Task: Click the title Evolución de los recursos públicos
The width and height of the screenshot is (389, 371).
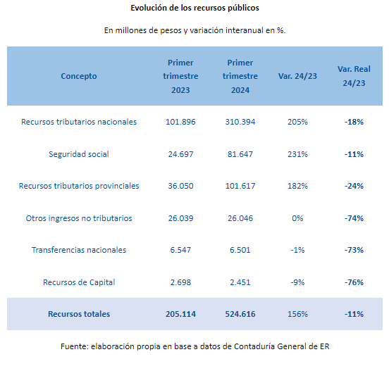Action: (x=194, y=8)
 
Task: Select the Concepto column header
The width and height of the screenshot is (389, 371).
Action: (x=79, y=76)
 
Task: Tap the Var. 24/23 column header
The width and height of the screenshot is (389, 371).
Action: (x=297, y=76)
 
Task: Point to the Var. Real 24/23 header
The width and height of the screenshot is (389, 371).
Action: (x=354, y=76)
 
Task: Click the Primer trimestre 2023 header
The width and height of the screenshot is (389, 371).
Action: (x=180, y=76)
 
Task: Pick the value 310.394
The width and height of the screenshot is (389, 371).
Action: (x=240, y=122)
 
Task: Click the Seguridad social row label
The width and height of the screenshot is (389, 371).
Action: (x=79, y=154)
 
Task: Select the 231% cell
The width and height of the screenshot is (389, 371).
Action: (x=297, y=154)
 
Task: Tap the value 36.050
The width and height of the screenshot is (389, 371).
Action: (x=180, y=186)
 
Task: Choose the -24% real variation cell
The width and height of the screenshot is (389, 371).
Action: (x=354, y=186)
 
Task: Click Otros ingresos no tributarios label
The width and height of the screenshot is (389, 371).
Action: (x=79, y=218)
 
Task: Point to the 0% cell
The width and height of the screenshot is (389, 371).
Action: (x=297, y=218)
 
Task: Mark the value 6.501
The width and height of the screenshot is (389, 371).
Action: (x=240, y=250)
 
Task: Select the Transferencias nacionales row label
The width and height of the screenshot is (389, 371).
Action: (x=79, y=250)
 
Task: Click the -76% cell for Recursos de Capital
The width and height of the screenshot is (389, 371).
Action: (x=354, y=282)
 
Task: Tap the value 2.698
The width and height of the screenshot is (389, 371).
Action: (x=180, y=282)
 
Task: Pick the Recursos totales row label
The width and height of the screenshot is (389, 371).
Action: (x=79, y=314)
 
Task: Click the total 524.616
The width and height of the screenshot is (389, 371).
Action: (x=240, y=314)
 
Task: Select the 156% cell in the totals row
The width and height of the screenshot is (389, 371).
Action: (x=297, y=314)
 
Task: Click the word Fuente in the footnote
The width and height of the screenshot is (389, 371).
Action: (x=75, y=346)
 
